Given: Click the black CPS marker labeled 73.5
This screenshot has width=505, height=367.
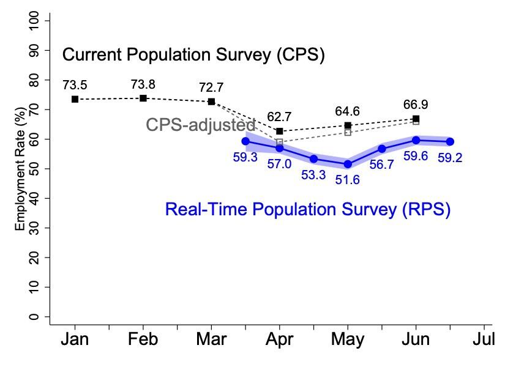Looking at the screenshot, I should tap(75, 99).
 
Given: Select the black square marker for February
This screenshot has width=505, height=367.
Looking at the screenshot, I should tap(143, 98).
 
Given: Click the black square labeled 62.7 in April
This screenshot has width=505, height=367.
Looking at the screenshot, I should tap(280, 131).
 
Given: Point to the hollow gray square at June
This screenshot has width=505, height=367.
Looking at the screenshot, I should tap(416, 122).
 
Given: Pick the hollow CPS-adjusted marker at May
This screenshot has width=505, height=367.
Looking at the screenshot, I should tap(348, 132).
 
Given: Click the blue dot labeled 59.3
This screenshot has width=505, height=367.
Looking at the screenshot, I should tap(245, 141).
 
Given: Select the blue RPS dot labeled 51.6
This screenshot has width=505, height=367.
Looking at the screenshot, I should tap(348, 164).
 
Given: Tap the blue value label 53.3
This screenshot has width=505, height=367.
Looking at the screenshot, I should tap(313, 176).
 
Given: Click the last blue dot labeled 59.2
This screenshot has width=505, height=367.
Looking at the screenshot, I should tap(450, 141).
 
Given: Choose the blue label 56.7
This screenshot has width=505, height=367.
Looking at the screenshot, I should tap(382, 165).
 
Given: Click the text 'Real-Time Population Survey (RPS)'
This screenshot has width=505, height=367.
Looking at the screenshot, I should tap(307, 210).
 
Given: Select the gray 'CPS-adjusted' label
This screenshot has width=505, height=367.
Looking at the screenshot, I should tap(200, 125).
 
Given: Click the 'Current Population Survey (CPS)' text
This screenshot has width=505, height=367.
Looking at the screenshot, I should tap(193, 56).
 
